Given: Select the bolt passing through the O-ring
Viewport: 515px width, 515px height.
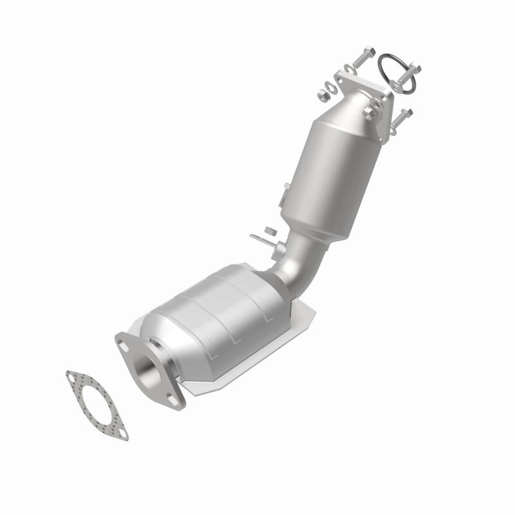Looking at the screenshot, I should pyautogui.click(x=406, y=73).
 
